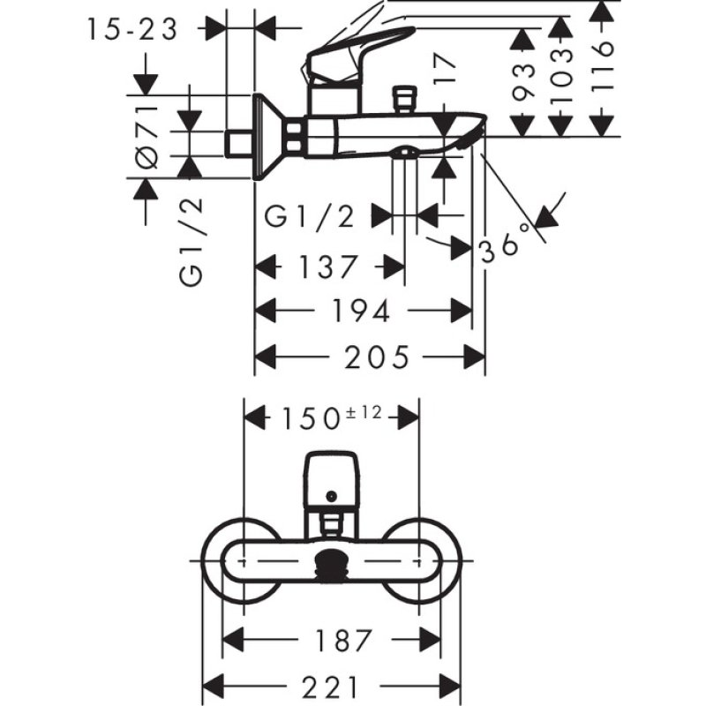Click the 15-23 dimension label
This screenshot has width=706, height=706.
coord(132,29)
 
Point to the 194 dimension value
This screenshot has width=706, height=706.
coord(363,311)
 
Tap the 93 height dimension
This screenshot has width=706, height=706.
coord(524,81)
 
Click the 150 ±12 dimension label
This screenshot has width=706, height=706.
coord(330,416)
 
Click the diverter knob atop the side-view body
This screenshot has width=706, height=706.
coord(406,97)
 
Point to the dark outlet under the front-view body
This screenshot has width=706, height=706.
coord(331,562)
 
